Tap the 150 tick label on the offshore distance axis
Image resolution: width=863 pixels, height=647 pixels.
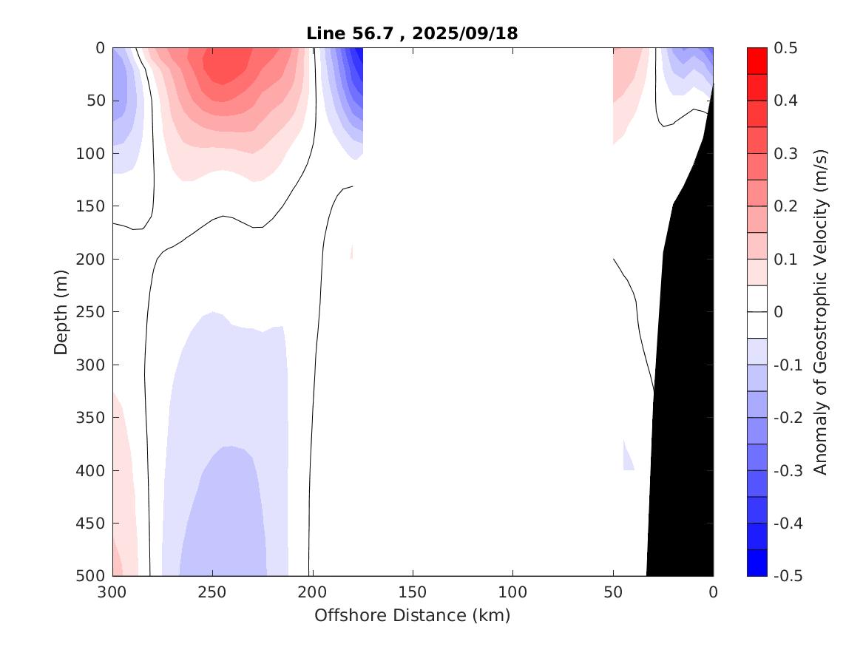tap(413, 592)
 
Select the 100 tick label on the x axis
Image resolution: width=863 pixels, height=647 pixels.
tap(512, 592)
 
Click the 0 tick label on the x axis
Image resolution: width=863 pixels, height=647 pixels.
tap(713, 592)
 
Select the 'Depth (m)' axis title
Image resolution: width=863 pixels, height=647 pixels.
tap(61, 311)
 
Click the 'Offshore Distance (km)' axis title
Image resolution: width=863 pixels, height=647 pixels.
tap(413, 615)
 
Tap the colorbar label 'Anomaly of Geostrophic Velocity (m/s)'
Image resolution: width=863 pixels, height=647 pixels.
tap(819, 311)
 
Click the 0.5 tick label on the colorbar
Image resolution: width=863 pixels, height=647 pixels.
tap(786, 48)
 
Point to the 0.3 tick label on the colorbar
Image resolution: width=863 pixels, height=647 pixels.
tap(786, 154)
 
